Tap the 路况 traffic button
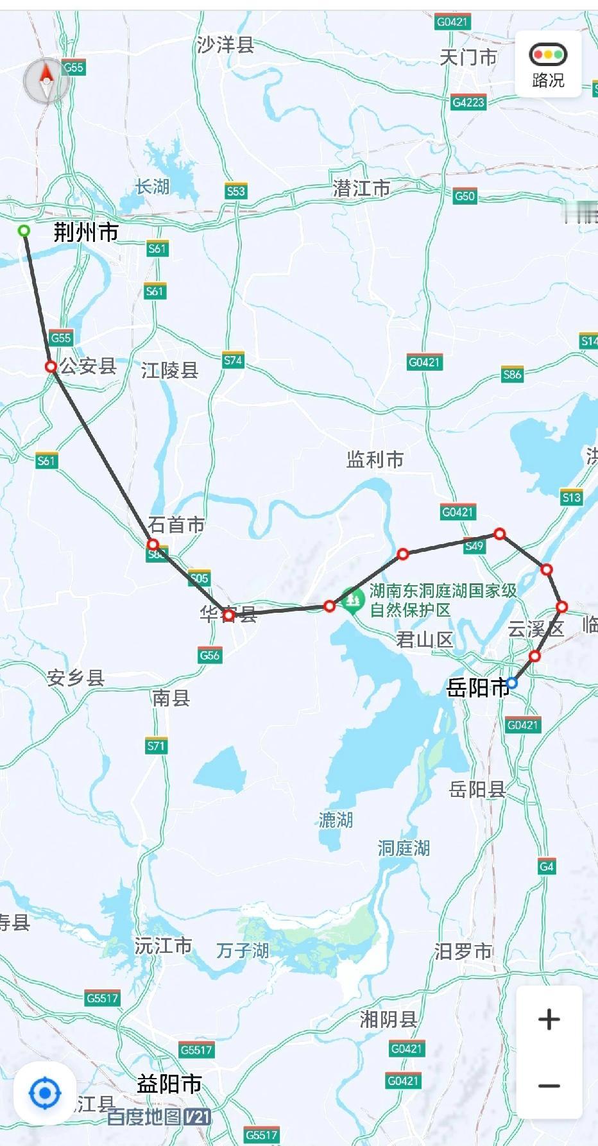(x=547, y=65)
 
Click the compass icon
(x=46, y=81)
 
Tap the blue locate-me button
(x=45, y=1093)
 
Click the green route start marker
(x=24, y=230)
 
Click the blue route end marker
(x=511, y=683)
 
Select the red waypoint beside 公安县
(x=51, y=366)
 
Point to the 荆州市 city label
(x=86, y=232)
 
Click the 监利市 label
(x=375, y=459)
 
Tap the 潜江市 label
(x=361, y=188)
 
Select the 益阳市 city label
(x=169, y=1084)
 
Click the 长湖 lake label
(x=152, y=187)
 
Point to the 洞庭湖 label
(x=403, y=848)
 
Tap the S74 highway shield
(x=233, y=361)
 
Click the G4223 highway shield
(x=468, y=102)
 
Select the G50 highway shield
(x=464, y=196)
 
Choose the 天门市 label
(x=468, y=58)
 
